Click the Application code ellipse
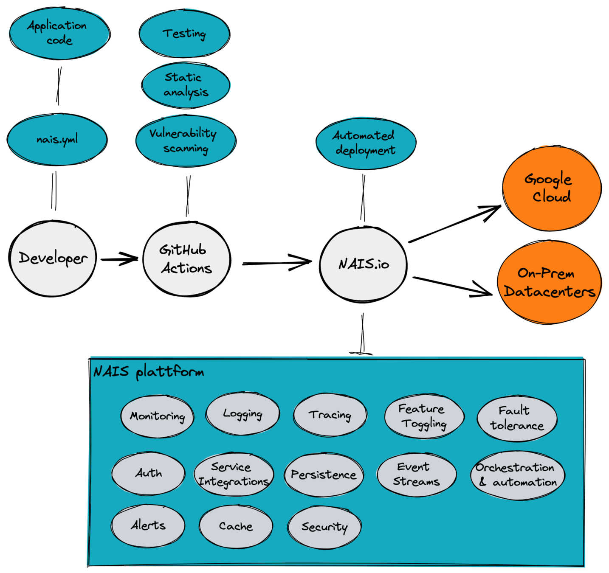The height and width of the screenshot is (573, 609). tap(59, 33)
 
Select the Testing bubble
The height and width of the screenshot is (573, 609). tap(184, 34)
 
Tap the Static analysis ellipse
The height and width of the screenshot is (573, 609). tap(186, 85)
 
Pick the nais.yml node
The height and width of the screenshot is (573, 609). tap(57, 139)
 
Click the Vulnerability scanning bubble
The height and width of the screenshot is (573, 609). tap(185, 140)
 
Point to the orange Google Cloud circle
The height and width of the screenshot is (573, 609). tap(551, 188)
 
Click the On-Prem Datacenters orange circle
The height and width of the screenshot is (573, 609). tap(550, 282)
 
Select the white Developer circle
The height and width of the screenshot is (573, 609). tap(53, 258)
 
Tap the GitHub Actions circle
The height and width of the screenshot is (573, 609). tap(186, 259)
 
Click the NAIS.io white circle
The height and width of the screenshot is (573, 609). tap(363, 264)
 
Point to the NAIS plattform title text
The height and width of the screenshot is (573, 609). tap(149, 372)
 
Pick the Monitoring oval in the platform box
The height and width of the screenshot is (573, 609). tap(157, 416)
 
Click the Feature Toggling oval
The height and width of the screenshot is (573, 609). tap(424, 416)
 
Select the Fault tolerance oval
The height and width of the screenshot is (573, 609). tap(517, 419)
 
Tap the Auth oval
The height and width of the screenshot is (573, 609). tap(148, 473)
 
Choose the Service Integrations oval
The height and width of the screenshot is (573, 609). tap(234, 474)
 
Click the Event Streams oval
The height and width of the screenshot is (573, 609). tap(416, 474)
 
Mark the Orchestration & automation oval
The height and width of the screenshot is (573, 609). tap(517, 475)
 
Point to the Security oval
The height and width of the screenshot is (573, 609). tap(324, 527)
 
